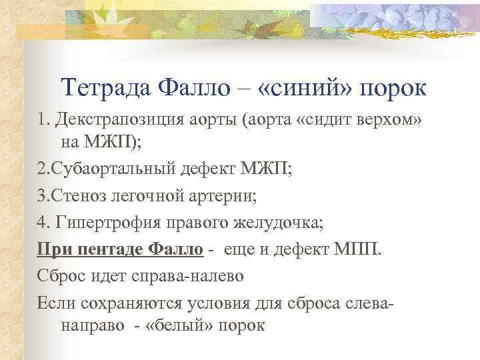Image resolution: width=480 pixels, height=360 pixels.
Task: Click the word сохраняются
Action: (137, 303)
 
